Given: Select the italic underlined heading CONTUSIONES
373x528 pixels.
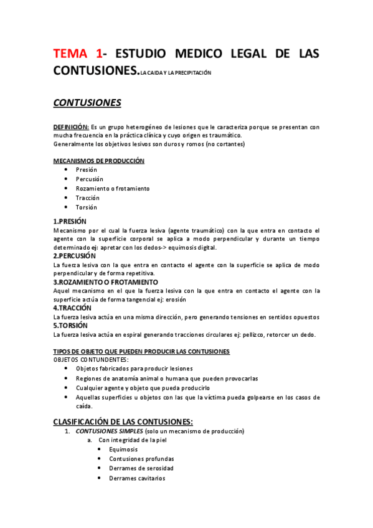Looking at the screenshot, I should pyautogui.click(x=87, y=103).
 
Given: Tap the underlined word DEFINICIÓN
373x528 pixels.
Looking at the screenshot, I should pyautogui.click(x=71, y=127).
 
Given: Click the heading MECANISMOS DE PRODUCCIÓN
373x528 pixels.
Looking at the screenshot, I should pyautogui.click(x=98, y=161).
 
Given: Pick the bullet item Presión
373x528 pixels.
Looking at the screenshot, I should pyautogui.click(x=87, y=169).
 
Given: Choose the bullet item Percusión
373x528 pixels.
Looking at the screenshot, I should pyautogui.click(x=90, y=179).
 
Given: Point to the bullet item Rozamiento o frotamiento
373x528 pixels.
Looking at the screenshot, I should pyautogui.click(x=113, y=188).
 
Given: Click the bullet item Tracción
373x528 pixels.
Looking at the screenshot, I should pyautogui.click(x=88, y=197).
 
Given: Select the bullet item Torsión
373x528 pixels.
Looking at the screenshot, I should pyautogui.click(x=87, y=207).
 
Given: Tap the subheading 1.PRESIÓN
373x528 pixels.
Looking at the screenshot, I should pyautogui.click(x=70, y=221).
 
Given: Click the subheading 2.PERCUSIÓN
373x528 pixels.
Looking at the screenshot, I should pyautogui.click(x=75, y=256).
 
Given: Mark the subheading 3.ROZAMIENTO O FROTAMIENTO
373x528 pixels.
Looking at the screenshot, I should pyautogui.click(x=105, y=282).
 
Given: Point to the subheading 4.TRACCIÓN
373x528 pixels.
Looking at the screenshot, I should pyautogui.click(x=72, y=308).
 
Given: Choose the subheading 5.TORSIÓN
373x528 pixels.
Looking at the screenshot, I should pyautogui.click(x=70, y=325).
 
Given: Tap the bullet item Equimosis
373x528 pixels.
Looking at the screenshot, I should pyautogui.click(x=123, y=449).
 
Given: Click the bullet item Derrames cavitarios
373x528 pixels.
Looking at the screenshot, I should pyautogui.click(x=137, y=478).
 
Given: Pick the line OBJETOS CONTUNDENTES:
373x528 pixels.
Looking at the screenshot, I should pyautogui.click(x=91, y=360).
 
